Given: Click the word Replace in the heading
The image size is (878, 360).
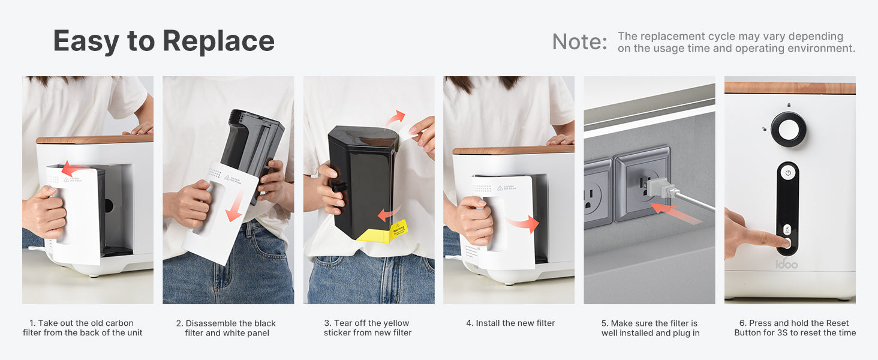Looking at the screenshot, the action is [x=218, y=41].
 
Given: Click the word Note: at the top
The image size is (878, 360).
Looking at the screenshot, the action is [x=580, y=41].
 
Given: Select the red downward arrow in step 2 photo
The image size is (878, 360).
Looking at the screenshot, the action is [x=235, y=205].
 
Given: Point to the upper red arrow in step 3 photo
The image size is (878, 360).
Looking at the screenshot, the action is [x=395, y=118].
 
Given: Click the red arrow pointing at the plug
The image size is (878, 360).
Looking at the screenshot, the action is [x=674, y=213].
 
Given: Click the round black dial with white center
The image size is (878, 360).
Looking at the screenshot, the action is [x=788, y=130].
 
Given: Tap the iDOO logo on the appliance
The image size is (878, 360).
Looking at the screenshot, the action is [x=786, y=264].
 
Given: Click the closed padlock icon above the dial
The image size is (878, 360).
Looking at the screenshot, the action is [x=789, y=105].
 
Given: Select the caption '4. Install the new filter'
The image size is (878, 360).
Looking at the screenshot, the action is [x=510, y=323].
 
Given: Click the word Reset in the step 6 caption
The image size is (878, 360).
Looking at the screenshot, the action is [x=837, y=323].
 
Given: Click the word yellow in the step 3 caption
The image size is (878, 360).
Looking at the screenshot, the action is [x=396, y=323].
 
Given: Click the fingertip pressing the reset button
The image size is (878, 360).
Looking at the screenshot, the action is [x=785, y=243].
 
